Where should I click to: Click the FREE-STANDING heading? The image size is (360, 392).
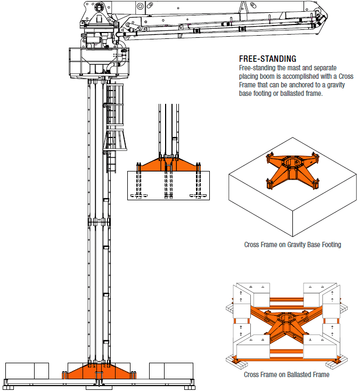(x=267, y=59)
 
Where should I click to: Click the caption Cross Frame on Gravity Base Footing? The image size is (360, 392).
(x=292, y=245)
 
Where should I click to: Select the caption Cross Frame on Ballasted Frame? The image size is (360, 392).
(x=287, y=374)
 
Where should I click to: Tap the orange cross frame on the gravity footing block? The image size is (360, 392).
(x=290, y=170)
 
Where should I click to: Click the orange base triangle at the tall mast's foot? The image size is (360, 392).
(x=99, y=371)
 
